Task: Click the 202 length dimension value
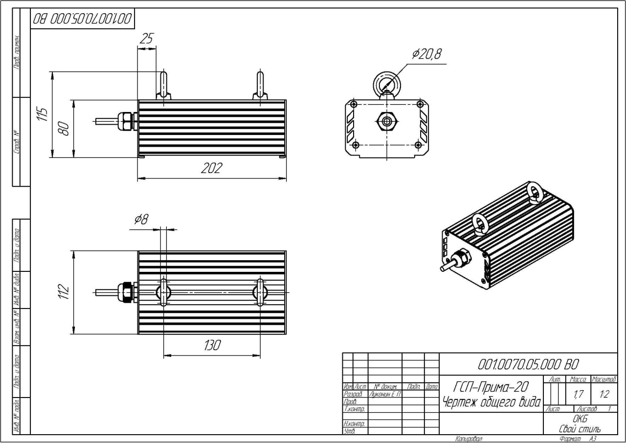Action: tap(211, 168)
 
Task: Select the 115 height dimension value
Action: tap(44, 114)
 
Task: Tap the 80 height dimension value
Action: tap(65, 128)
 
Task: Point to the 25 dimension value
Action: tap(146, 39)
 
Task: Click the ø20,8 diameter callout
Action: tap(426, 54)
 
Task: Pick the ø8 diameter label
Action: tap(141, 220)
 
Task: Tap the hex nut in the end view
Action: tap(387, 121)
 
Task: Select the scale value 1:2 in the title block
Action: tap(604, 393)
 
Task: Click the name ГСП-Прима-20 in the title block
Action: tap(491, 387)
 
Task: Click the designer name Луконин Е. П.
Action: tap(385, 394)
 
